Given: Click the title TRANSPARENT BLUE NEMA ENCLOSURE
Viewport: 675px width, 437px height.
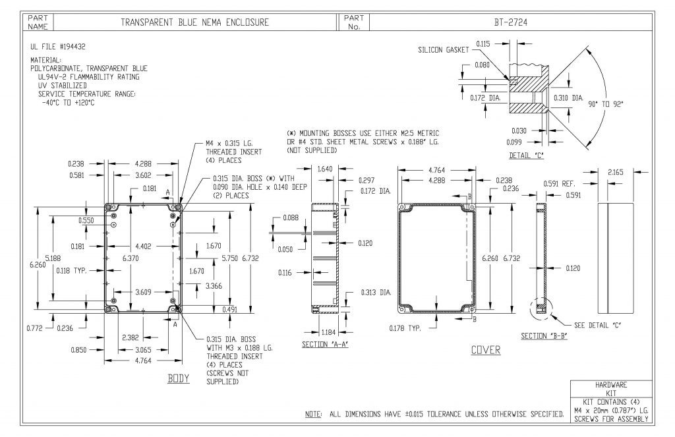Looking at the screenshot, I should coord(194,22).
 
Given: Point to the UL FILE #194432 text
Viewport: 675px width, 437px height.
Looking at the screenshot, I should coord(58,47).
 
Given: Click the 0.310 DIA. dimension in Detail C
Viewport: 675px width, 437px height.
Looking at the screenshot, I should coord(568,98).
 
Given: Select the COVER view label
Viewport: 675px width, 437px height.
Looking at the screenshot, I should coord(485,350).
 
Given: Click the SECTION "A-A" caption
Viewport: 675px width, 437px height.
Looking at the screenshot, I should coord(324,344).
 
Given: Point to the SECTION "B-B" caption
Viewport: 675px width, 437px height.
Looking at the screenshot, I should coord(544,336).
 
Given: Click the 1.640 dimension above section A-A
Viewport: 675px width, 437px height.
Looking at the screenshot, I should coord(324,169).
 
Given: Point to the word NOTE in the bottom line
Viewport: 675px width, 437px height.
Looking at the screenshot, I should coord(312,415).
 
